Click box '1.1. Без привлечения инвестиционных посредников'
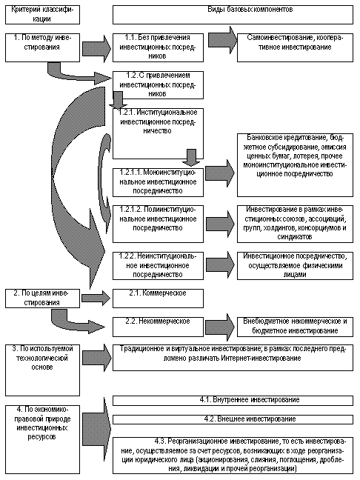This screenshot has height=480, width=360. [x=158, y=45]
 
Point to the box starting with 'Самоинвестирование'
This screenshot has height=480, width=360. [x=294, y=42]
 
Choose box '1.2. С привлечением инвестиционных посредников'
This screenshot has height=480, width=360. [x=158, y=85]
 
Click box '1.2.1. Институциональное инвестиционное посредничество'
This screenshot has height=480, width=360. [x=158, y=123]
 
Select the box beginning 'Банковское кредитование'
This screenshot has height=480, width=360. [x=295, y=159]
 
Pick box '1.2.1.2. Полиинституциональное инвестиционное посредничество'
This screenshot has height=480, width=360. [x=158, y=219]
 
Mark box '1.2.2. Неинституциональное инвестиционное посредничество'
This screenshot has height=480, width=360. [x=158, y=264]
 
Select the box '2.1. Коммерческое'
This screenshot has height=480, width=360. [x=158, y=296]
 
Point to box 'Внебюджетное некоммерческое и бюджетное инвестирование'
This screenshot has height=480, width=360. [x=295, y=326]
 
